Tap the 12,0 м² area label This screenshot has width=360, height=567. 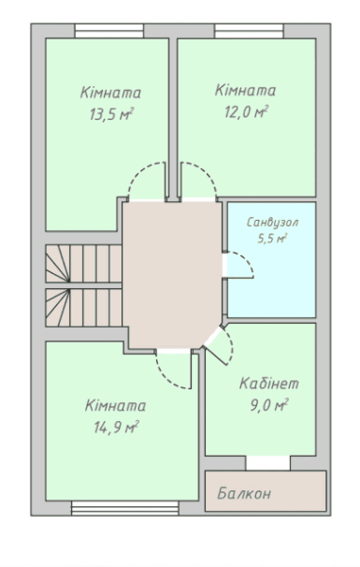click(246, 112)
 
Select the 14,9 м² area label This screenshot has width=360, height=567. click(116, 428)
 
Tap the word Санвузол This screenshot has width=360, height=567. click(273, 222)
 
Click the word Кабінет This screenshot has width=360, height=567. click(269, 383)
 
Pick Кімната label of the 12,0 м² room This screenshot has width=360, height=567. click(245, 90)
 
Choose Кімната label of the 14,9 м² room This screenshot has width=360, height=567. click(115, 405)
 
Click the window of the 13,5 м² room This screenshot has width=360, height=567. click(109, 31)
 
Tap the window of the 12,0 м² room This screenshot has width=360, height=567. click(249, 31)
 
